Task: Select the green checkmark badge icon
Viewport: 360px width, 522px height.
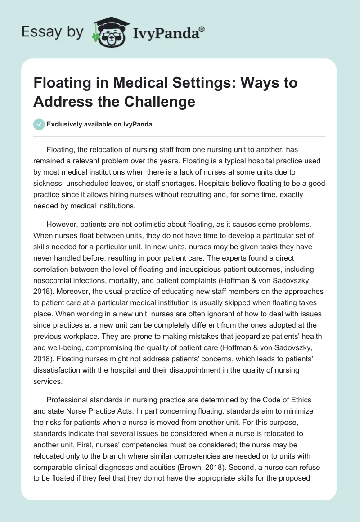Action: tap(39, 124)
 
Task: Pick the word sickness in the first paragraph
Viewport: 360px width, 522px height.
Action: tap(51, 184)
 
